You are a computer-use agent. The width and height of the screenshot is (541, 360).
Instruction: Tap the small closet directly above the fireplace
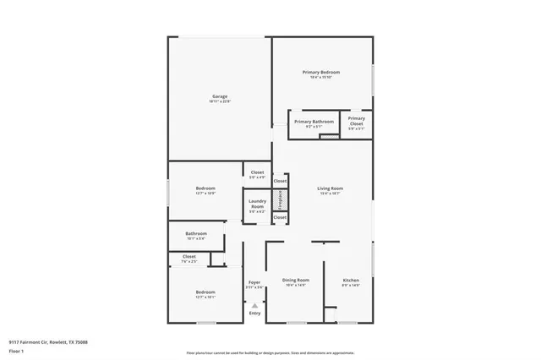pyautogui.click(x=280, y=181)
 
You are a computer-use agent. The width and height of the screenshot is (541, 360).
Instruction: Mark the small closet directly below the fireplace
pyautogui.click(x=280, y=217)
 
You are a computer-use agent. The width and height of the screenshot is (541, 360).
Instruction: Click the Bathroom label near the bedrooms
pyautogui.click(x=197, y=235)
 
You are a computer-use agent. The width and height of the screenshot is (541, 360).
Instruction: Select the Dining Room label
pyautogui.click(x=295, y=281)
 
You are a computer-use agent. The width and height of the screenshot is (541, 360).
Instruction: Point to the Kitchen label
pyautogui.click(x=351, y=281)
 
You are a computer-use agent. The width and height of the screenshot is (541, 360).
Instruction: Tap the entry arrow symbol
pyautogui.click(x=254, y=305)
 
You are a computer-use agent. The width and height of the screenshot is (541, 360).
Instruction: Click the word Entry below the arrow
pyautogui.click(x=254, y=314)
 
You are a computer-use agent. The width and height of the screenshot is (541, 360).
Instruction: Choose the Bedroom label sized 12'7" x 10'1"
pyautogui.click(x=205, y=294)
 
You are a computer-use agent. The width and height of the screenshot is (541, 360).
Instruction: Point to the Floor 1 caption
pyautogui.click(x=16, y=351)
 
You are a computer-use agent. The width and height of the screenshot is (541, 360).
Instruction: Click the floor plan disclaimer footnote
pyautogui.click(x=270, y=353)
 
